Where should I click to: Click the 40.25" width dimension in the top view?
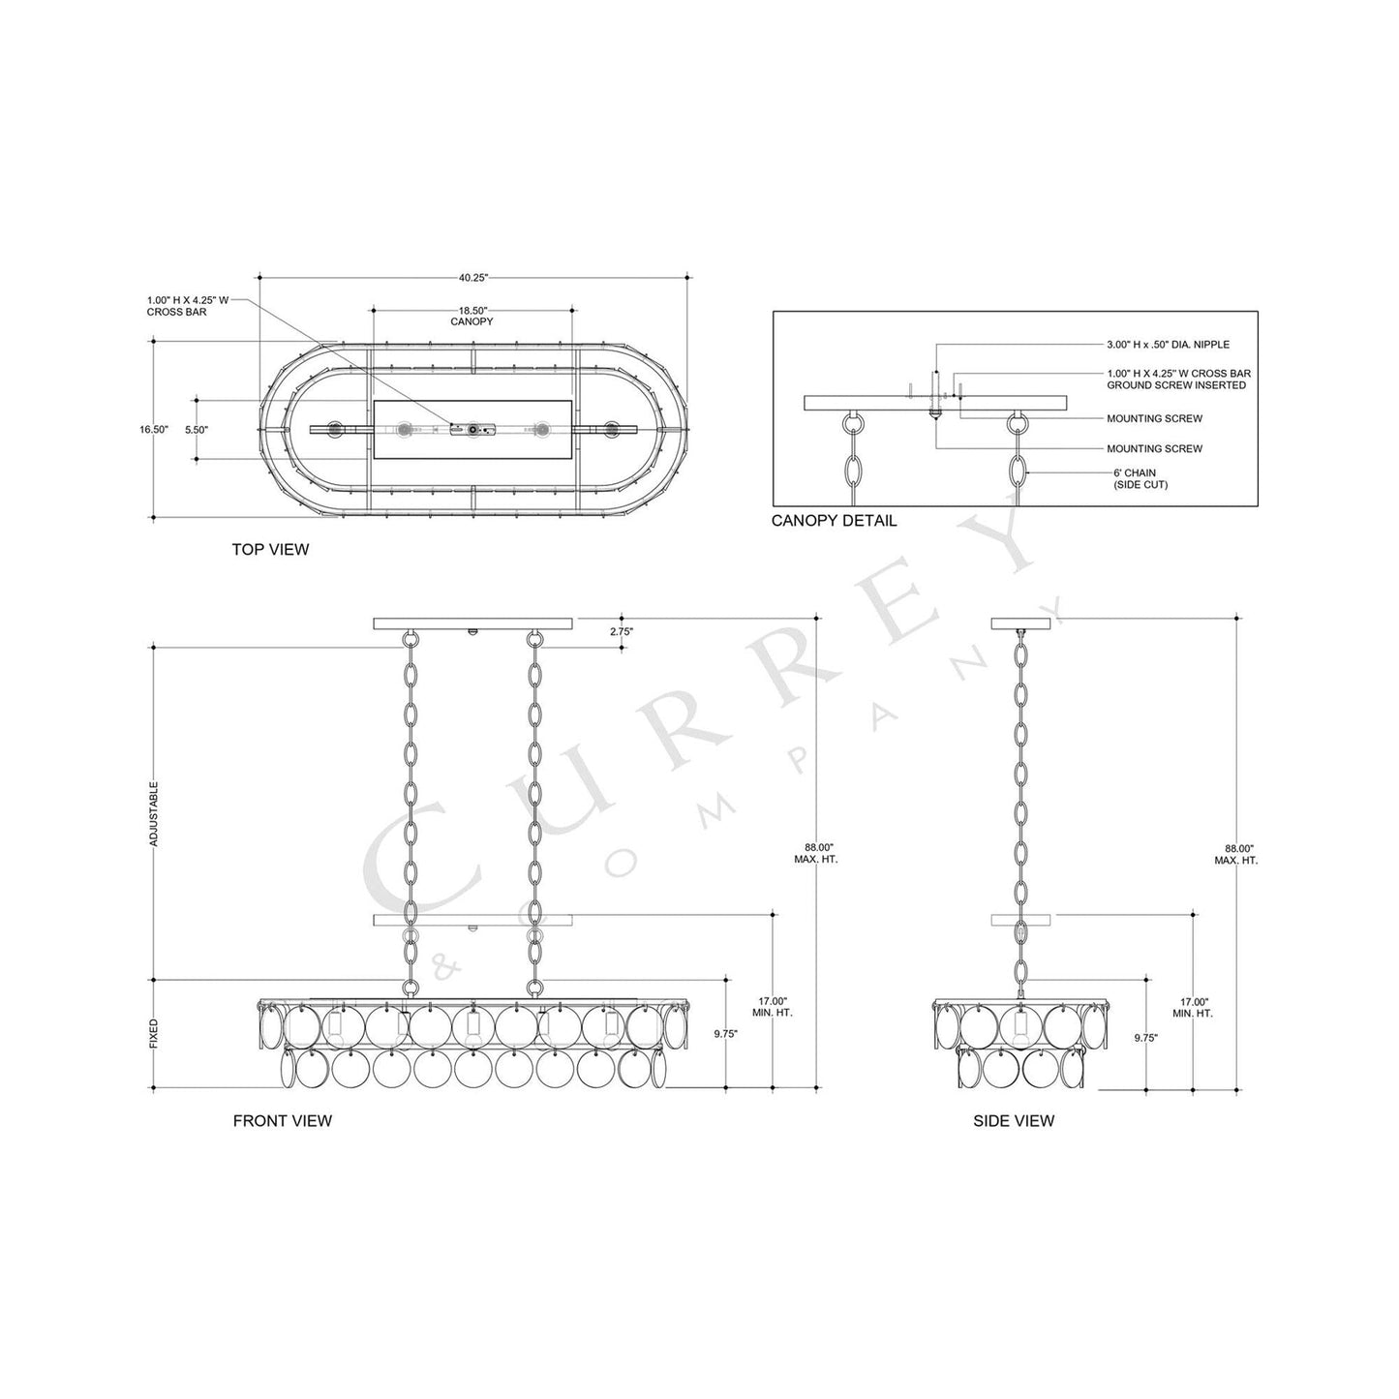pyautogui.click(x=473, y=278)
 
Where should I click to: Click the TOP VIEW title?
pyautogui.click(x=270, y=550)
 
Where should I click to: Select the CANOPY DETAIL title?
pyautogui.click(x=834, y=521)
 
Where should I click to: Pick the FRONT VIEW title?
pyautogui.click(x=282, y=1121)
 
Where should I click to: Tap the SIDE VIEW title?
pyautogui.click(x=1013, y=1121)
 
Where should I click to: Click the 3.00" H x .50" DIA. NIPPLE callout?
pyautogui.click(x=1168, y=345)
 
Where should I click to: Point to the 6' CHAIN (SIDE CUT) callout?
pyautogui.click(x=1140, y=478)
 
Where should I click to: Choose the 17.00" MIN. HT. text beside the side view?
pyautogui.click(x=1193, y=1007)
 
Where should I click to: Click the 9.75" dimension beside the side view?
pyautogui.click(x=1144, y=1037)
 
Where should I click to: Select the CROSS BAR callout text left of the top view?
pyautogui.click(x=188, y=306)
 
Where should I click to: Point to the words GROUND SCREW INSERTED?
pyautogui.click(x=1176, y=385)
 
